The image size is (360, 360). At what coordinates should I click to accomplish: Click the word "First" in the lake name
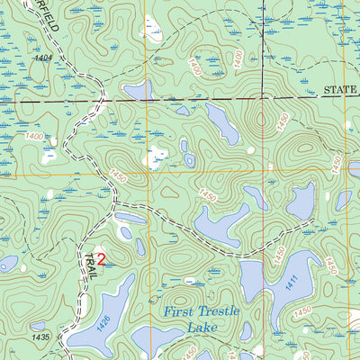pyautogui.click(x=182, y=312)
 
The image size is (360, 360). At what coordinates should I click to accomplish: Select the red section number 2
pyautogui.click(x=102, y=258)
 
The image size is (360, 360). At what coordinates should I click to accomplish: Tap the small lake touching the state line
pyautogui.click(x=139, y=90)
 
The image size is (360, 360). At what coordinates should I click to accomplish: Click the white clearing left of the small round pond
pyautogui.click(x=157, y=156)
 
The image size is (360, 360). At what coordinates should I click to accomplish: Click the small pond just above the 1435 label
pyautogui.click(x=38, y=327)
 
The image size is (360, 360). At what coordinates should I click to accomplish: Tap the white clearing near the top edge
pyautogui.click(x=153, y=34)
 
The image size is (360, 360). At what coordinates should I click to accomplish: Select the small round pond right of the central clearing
pyautogui.click(x=190, y=160)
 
